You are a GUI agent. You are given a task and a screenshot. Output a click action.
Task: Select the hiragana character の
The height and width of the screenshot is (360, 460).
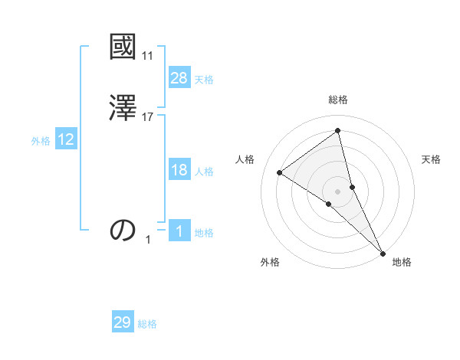coord(123,230)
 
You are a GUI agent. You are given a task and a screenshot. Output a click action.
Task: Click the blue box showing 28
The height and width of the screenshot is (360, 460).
coord(179,78)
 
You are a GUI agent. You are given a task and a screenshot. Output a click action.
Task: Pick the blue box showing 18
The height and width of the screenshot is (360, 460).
coord(179,170)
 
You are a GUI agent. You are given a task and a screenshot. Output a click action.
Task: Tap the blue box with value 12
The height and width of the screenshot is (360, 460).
coord(66,139)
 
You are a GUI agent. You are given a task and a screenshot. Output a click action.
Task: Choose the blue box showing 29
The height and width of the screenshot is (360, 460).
coord(123,322)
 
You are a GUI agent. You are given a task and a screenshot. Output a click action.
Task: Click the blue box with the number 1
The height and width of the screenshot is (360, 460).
coord(179,231)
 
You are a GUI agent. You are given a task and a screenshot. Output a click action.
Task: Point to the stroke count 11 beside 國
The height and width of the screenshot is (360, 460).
coord(147,56)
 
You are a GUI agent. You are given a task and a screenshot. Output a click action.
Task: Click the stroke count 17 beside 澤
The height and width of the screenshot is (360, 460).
coord(148,117)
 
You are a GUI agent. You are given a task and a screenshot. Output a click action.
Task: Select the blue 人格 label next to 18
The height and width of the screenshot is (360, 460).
coord(204,172)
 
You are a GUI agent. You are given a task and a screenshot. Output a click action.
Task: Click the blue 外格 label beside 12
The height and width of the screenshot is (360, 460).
coord(41,141)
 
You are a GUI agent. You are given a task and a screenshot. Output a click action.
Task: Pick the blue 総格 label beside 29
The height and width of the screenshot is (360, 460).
coord(147,324)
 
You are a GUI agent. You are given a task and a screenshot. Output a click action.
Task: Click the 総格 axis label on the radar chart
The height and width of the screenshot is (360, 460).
coord(338,100)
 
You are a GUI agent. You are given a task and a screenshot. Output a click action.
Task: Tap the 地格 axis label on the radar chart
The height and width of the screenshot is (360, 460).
coord(402,262)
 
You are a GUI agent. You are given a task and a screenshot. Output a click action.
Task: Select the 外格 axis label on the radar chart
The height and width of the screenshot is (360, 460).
coord(270,262)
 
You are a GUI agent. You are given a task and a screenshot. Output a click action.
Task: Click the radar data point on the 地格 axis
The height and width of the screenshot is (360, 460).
coord(383,253)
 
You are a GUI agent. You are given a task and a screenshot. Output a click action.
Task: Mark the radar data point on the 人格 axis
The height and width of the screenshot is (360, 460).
coord(280,172)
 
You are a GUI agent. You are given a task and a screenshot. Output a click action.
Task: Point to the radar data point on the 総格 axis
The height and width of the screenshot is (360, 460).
coord(337,130)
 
